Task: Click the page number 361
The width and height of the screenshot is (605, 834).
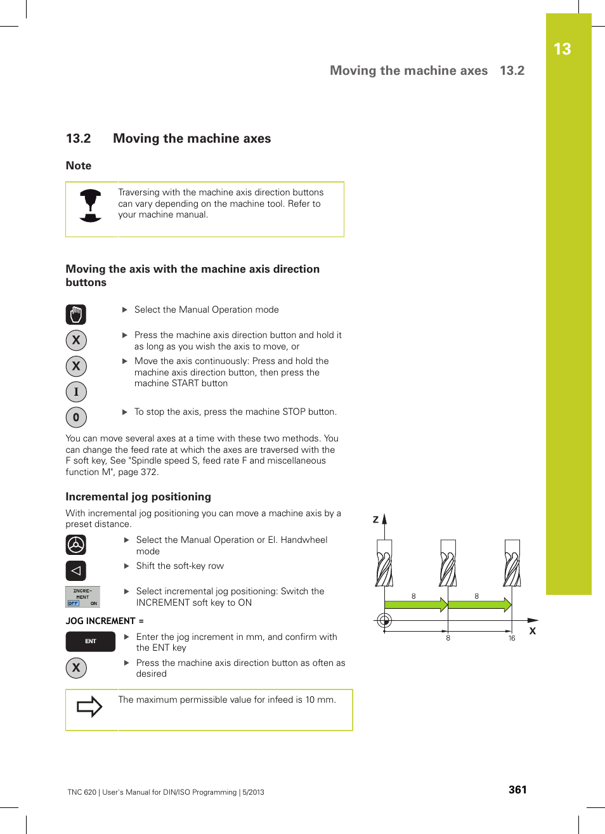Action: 517,790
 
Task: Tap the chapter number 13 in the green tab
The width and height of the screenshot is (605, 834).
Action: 562,49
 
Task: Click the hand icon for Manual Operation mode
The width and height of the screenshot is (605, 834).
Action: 76,315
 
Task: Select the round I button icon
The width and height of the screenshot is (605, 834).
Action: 76,392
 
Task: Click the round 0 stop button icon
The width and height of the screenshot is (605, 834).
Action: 76,417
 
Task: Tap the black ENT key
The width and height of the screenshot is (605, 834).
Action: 91,641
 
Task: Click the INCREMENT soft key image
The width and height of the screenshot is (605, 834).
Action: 82,597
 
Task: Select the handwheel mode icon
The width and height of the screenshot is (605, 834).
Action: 76,545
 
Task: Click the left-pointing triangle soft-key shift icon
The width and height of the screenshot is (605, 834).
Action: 76,571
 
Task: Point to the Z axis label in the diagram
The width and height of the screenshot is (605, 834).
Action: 375,519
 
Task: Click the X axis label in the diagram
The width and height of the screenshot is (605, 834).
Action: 533,631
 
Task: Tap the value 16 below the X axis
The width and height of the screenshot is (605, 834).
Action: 512,639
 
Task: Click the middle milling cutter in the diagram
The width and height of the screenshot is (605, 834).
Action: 448,563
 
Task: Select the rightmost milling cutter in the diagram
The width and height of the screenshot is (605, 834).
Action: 512,563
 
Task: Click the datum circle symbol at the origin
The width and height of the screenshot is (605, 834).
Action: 384,621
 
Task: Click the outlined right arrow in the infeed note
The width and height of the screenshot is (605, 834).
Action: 89,707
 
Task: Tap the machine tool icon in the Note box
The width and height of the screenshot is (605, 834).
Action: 91,205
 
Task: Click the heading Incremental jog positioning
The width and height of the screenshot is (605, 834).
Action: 138,497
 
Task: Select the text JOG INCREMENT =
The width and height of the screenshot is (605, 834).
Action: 105,621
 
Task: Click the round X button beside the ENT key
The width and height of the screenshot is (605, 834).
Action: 76,668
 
